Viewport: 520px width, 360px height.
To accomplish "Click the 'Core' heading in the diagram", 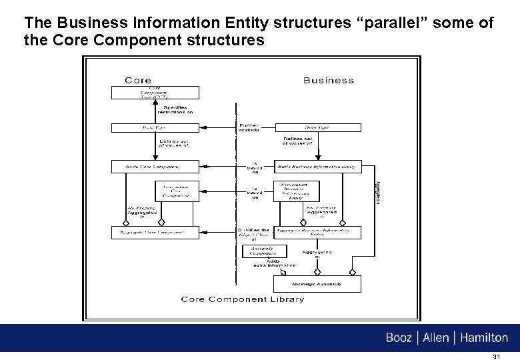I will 138,80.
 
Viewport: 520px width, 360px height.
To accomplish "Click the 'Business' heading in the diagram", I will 328,80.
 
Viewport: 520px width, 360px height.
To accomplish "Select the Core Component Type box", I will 154,93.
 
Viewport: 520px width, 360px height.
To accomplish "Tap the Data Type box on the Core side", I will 154,127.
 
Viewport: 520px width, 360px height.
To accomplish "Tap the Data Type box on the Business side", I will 318,127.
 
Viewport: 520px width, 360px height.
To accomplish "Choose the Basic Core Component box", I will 154,167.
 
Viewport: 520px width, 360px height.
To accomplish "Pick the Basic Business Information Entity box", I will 318,167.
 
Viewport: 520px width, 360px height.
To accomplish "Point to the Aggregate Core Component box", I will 154,233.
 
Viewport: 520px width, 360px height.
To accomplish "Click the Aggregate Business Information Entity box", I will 318,233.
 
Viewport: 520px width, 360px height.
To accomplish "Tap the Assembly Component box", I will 263,251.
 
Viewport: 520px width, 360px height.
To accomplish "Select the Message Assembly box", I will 317,284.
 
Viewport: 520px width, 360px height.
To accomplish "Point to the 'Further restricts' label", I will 249,127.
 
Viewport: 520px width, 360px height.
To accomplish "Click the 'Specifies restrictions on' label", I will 172,110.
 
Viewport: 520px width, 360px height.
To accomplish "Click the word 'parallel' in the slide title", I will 396,23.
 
